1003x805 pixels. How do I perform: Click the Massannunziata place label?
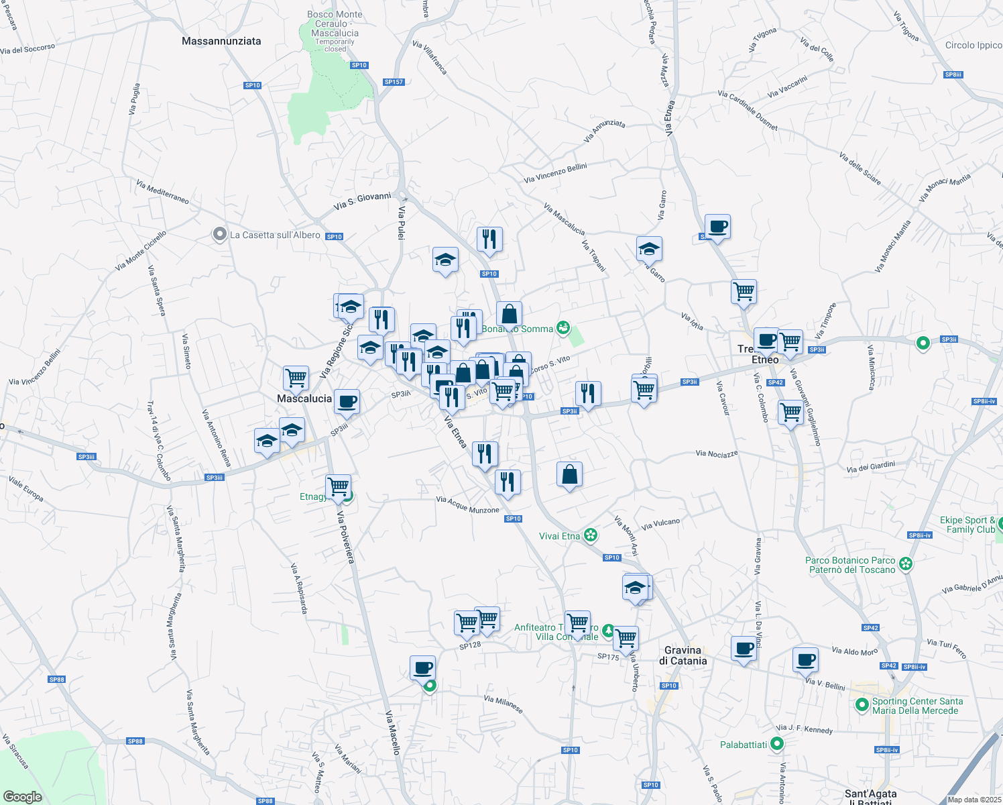coord(221,41)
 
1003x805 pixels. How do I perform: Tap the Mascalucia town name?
coord(304,398)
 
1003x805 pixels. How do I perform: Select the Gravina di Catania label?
coord(683,655)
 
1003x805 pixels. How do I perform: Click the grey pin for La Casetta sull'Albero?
coord(219,235)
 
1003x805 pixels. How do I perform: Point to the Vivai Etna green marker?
coord(590,535)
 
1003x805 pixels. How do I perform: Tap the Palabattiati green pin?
coord(777,744)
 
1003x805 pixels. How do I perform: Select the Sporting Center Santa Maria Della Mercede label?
coord(917,706)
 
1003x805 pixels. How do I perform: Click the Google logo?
coord(23,797)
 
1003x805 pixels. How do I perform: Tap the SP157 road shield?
coord(394,82)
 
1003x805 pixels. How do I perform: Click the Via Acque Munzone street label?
coord(467,504)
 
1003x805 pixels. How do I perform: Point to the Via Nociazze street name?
coord(717,454)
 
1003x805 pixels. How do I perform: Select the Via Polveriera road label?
coord(345,537)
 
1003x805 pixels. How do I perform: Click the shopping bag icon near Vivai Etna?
coord(569,474)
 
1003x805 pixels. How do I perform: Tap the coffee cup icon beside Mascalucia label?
coord(347,402)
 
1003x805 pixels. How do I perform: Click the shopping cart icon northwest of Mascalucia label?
coord(296,378)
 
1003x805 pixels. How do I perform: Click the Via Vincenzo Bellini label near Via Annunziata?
coord(555,173)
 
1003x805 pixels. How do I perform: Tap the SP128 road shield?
coord(470,645)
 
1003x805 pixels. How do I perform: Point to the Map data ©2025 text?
coord(974,800)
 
